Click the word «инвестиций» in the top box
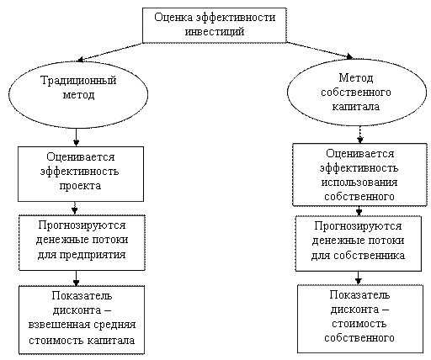click(215, 31)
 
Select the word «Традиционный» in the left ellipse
click(78, 81)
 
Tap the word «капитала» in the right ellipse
click(356, 107)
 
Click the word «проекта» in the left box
click(80, 186)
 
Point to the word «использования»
click(359, 183)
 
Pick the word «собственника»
click(369, 256)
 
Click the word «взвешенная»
click(59, 326)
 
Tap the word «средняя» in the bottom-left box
click(114, 326)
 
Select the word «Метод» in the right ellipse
click(356, 77)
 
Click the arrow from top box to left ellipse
click(110, 51)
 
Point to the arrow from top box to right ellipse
click(320, 50)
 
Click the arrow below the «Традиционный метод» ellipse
click(76, 137)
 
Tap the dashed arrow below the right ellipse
click(360, 135)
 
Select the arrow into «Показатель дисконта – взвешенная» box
click(76, 278)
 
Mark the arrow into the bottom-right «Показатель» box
click(358, 278)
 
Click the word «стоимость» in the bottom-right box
click(359, 324)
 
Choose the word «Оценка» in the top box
click(173, 18)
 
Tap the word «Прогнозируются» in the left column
click(82, 225)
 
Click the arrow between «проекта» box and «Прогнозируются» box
click(75, 209)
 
